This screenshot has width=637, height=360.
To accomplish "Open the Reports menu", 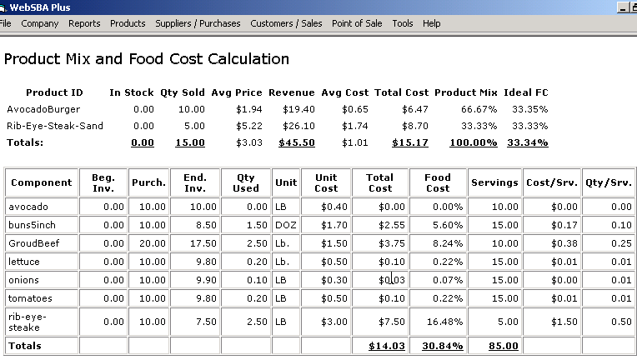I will click(x=84, y=23).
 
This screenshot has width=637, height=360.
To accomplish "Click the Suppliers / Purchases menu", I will click(x=198, y=23).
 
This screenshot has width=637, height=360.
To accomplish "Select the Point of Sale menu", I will click(x=357, y=23).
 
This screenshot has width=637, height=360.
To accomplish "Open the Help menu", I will click(x=431, y=23).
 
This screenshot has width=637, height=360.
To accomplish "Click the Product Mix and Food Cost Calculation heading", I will click(x=147, y=59).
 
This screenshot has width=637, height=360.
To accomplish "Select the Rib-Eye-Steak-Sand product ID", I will click(x=49, y=126).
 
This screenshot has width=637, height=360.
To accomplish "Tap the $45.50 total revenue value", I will click(x=296, y=142).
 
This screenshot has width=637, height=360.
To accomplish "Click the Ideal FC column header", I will click(x=527, y=92).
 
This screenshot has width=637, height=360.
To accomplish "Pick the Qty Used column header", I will click(x=246, y=182).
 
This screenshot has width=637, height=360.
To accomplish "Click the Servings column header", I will click(x=494, y=182).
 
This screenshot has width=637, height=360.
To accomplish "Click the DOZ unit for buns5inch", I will click(x=285, y=224).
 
